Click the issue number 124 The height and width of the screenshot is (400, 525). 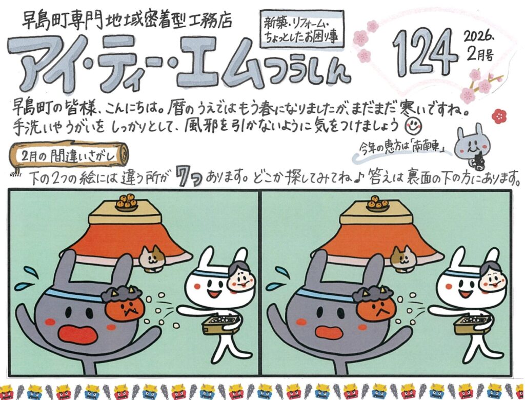(424, 53)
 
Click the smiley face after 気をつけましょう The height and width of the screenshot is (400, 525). (414, 126)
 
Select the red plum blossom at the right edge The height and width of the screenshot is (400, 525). (499, 116)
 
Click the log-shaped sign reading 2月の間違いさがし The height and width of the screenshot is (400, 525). (69, 155)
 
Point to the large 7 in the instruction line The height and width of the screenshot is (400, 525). (183, 176)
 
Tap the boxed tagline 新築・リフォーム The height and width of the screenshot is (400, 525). (302, 29)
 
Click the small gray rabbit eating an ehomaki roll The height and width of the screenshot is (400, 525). (472, 146)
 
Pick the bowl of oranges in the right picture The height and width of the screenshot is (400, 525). (377, 203)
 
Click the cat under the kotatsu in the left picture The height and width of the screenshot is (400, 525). (152, 258)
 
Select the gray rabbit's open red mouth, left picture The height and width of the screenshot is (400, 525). (78, 334)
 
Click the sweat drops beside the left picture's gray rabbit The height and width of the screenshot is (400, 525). (26, 278)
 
